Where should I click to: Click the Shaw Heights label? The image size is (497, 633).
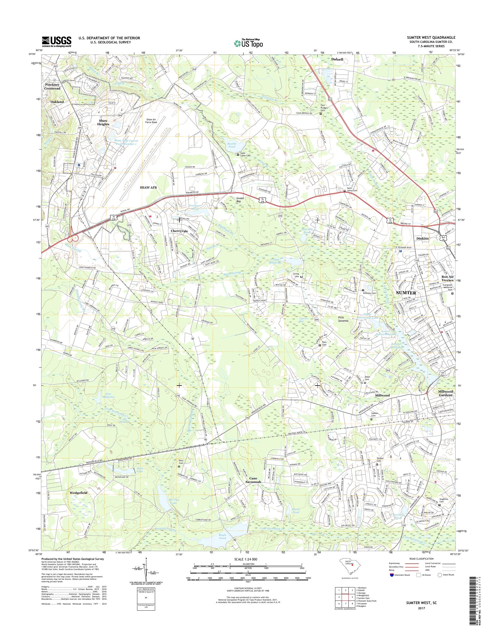click(x=103, y=123)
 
